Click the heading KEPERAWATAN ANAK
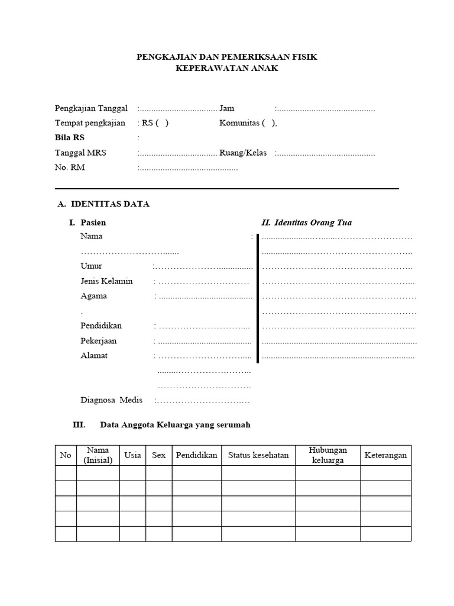coord(226,68)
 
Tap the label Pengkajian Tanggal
coord(91,108)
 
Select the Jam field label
coord(227,108)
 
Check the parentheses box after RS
coord(162,123)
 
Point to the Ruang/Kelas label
coord(243,153)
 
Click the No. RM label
coord(70,167)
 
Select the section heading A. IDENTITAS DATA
coord(103,204)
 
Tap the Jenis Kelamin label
coord(106,281)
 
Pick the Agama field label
coord(93,296)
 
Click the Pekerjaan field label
coord(98,341)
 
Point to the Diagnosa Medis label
coord(111,400)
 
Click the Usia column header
coord(132,455)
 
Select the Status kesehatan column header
coord(258,455)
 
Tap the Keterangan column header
coord(385,455)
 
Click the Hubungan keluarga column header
coord(327,455)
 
